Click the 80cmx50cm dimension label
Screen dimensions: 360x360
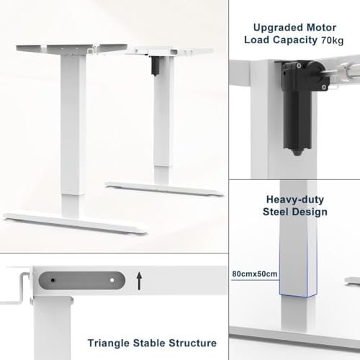click(x=256, y=274)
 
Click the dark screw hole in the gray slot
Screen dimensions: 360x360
click(x=52, y=277)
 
